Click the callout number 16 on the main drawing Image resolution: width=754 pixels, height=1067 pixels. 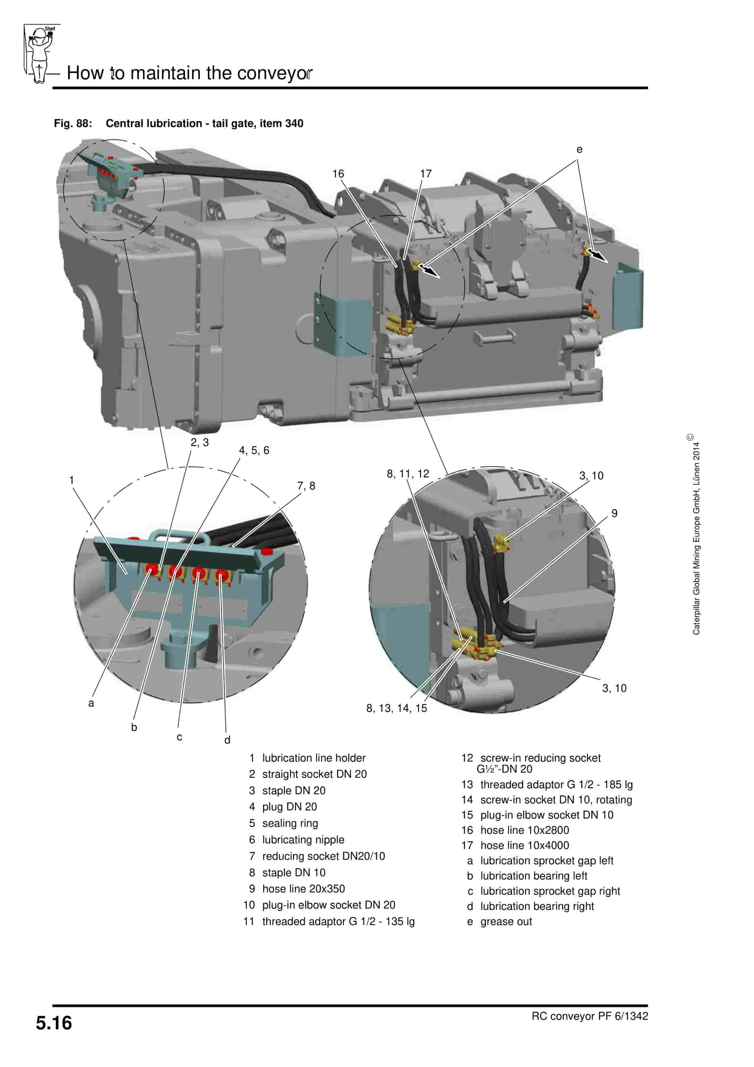(338, 174)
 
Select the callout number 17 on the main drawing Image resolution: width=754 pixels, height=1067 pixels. (426, 174)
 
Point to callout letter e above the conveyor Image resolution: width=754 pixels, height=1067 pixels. (579, 150)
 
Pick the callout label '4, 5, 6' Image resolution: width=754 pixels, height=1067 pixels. (254, 450)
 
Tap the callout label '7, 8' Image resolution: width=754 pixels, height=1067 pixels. (306, 486)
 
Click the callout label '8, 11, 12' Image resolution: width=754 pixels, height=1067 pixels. (408, 474)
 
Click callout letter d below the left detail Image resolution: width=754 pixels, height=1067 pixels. (227, 740)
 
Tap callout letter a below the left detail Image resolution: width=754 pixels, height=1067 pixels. (91, 703)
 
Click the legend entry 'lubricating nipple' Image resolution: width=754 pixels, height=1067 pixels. (303, 840)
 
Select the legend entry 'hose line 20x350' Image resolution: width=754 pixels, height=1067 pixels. (303, 889)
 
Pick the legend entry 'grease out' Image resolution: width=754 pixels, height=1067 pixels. (506, 922)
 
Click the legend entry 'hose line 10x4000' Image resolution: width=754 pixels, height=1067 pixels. (524, 845)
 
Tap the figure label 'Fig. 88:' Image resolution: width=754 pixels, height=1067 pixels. (73, 124)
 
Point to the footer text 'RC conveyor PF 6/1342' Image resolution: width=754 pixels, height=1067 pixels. (590, 1016)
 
